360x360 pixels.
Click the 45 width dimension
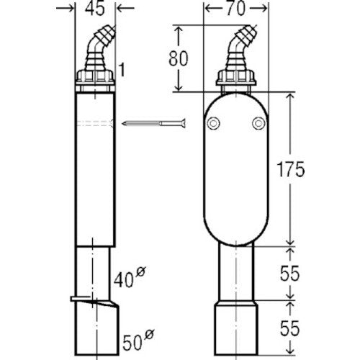click(x=95, y=9)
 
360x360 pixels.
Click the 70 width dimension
click(x=235, y=9)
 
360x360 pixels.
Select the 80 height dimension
click(x=178, y=58)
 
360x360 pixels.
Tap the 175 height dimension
click(x=291, y=169)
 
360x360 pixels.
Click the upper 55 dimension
click(x=290, y=274)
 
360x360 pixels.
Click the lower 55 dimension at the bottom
click(x=290, y=328)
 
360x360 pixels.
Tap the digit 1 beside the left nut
click(x=122, y=70)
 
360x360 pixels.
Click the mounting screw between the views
click(x=154, y=123)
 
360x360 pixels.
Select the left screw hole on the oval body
click(x=213, y=123)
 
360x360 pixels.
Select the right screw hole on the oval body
click(x=258, y=123)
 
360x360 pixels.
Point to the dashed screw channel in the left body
click(x=95, y=123)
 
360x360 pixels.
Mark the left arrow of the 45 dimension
click(x=65, y=9)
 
